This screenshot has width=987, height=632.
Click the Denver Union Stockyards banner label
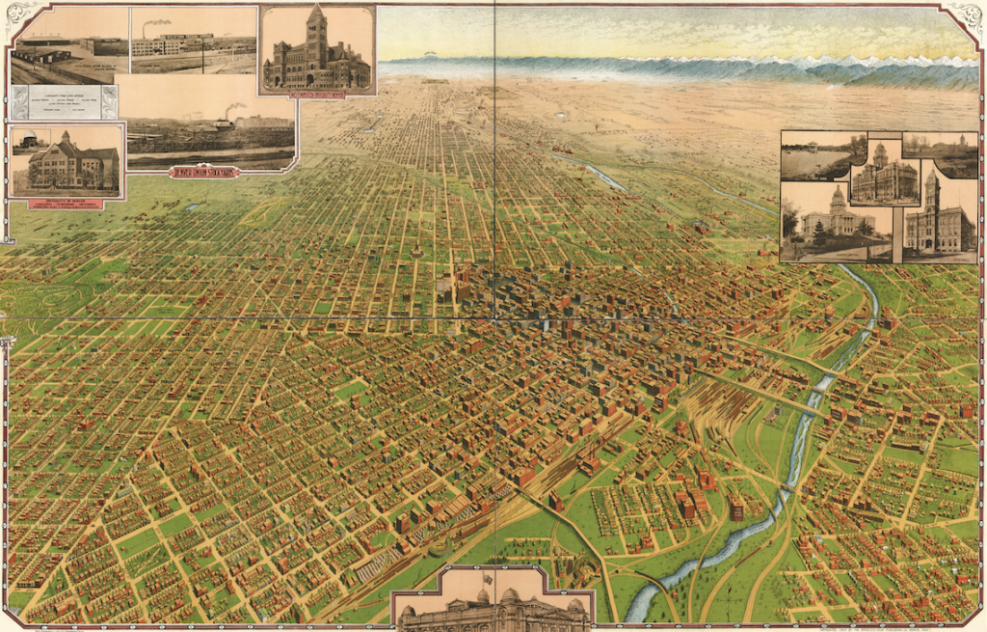point(204,172)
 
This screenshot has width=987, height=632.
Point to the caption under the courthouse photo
point(316,95)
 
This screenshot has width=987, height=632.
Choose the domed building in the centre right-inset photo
point(881,174)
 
